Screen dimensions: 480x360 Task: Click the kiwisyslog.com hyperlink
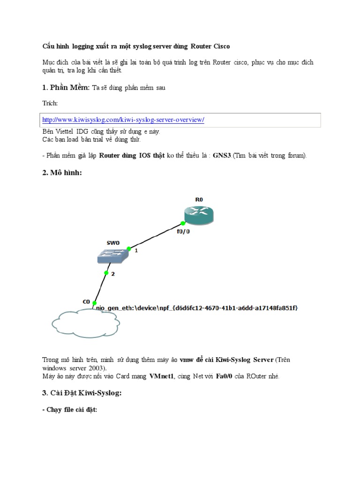pos(123,120)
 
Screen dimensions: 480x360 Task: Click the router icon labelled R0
pos(199,214)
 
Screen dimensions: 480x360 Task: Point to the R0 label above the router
pos(199,200)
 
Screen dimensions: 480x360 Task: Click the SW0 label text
pos(113,243)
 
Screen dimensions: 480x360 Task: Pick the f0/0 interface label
pos(183,232)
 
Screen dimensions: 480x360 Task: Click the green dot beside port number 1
pos(128,249)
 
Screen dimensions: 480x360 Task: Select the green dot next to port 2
pos(106,273)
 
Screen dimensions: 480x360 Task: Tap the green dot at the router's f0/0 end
pos(183,223)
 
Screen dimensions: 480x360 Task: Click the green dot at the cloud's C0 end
pos(94,303)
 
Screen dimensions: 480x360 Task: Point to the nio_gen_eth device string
pos(197,308)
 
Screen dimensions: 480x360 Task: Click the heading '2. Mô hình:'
pos(62,173)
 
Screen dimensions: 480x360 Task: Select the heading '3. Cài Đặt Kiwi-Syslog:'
pos(82,393)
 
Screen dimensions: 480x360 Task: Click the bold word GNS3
pos(222,156)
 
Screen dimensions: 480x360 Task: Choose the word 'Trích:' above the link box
pos(50,103)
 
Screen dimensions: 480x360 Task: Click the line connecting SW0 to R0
pos(155,237)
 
